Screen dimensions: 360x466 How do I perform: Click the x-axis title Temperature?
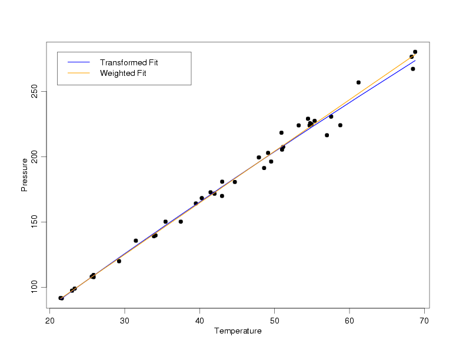pos(238,331)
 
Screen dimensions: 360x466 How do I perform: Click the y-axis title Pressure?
pos(24,175)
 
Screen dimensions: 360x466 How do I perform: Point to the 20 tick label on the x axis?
pos(50,320)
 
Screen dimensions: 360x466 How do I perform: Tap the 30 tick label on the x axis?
pos(125,320)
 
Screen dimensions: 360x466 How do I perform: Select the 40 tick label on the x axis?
pos(199,320)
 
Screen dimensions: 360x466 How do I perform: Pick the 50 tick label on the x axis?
pos(274,320)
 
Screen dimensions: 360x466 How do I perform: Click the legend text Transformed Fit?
pos(129,62)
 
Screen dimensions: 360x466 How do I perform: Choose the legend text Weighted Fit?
pos(123,74)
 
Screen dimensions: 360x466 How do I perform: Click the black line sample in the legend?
pos(78,62)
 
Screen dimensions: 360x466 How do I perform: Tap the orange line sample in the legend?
pos(78,74)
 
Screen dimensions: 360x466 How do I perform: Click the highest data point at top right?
pos(415,52)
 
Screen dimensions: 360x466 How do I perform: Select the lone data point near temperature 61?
pos(358,82)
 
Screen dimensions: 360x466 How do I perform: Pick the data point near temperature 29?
pos(119,261)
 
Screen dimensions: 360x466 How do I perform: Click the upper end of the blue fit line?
pos(414,61)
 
